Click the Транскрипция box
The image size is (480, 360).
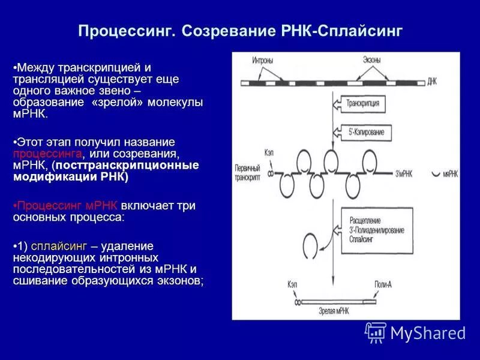pyautogui.click(x=362, y=103)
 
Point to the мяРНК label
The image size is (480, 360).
pyautogui.click(x=451, y=174)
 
